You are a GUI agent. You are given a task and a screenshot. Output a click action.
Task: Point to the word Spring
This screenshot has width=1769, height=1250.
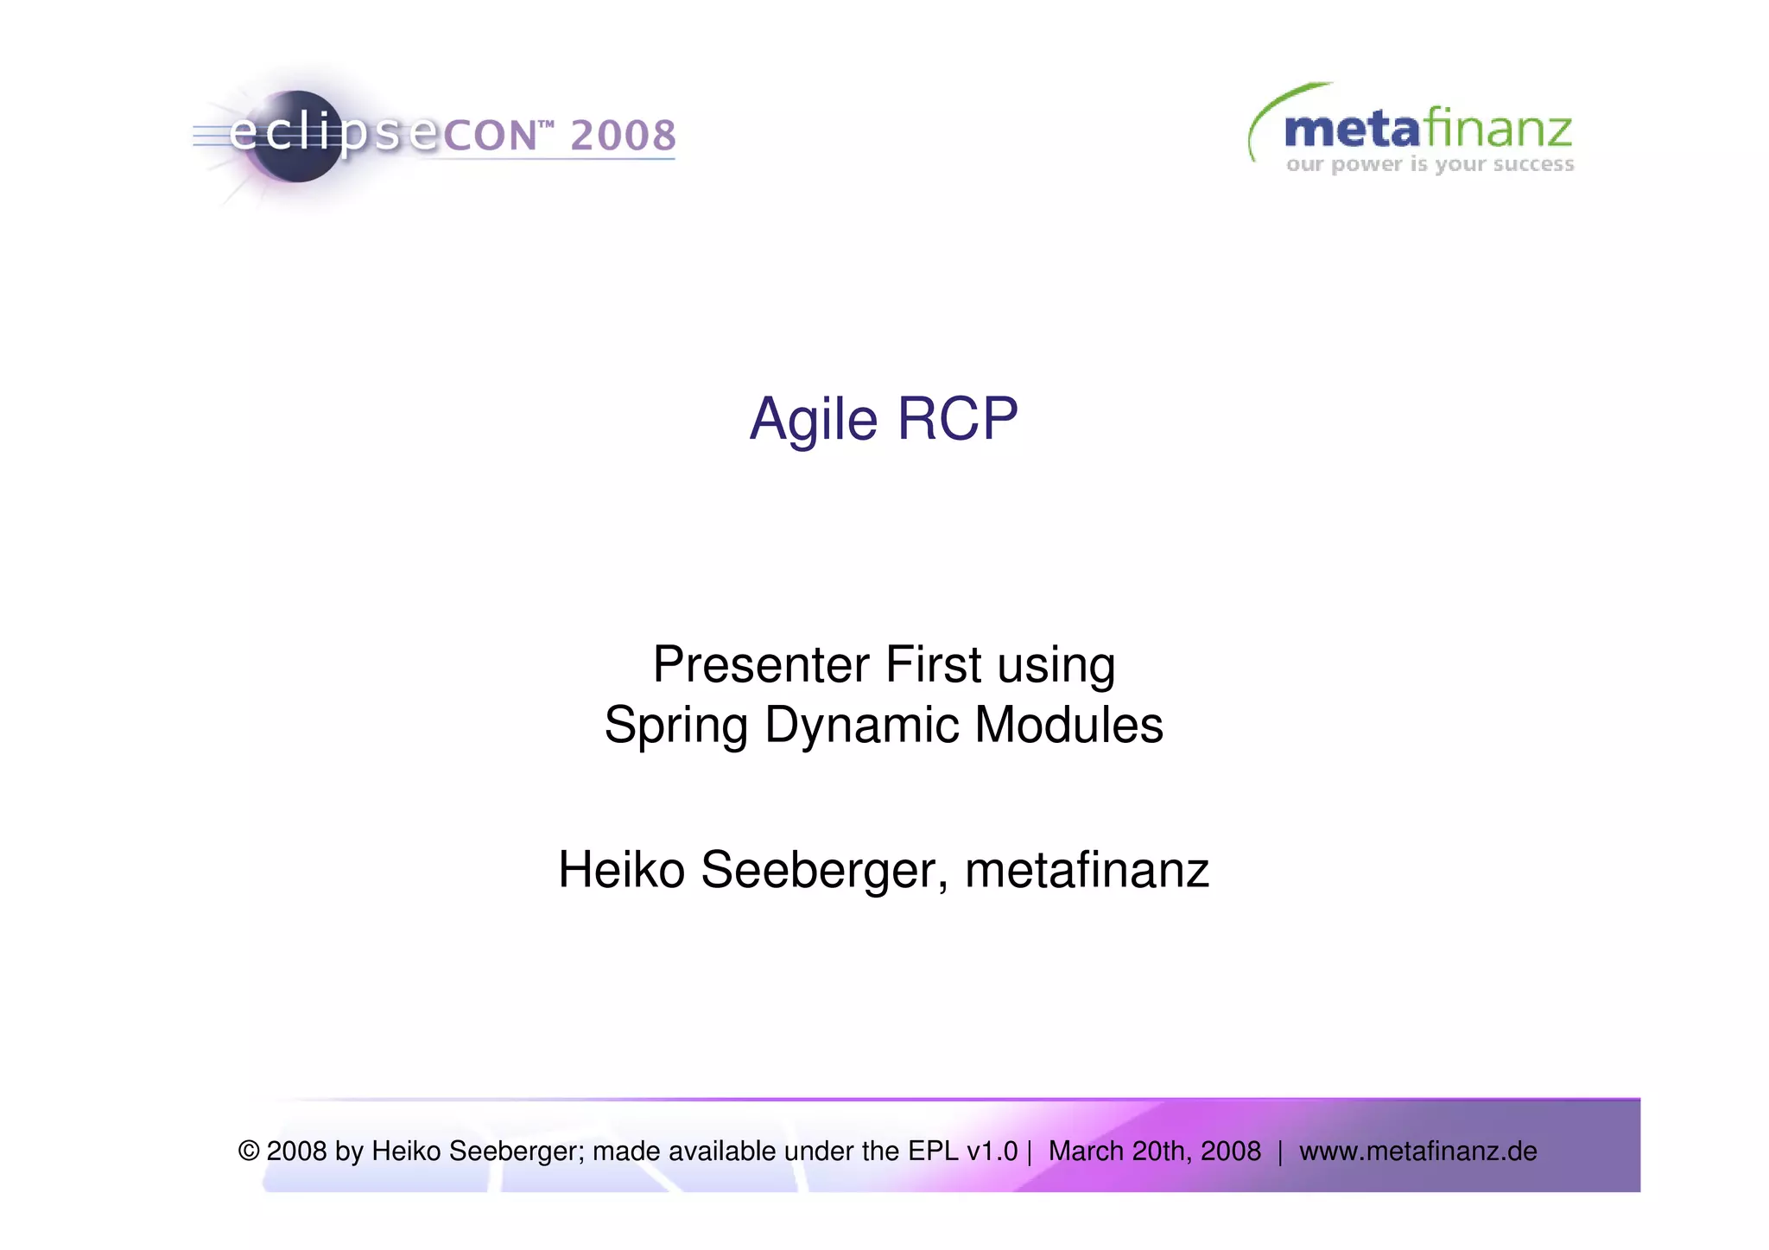pos(675,726)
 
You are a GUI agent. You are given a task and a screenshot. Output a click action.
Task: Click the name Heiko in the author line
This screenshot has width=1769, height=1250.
pos(621,870)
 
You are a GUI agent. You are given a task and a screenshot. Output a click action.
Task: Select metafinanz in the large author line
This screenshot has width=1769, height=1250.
pos(1087,870)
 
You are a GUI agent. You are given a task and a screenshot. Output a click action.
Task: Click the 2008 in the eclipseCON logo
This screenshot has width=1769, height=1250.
pos(623,136)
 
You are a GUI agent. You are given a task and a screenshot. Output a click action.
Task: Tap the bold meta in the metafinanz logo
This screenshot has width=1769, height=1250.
pos(1351,130)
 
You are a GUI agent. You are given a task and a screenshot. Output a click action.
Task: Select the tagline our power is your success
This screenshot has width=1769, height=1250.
pos(1430,164)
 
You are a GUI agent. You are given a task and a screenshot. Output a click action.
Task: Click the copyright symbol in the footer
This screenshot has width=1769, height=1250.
pos(249,1152)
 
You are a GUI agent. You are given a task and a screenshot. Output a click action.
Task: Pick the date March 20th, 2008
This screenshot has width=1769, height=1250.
pos(1154,1152)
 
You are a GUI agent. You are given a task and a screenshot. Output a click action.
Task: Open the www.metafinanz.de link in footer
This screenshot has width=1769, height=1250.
pos(1417,1152)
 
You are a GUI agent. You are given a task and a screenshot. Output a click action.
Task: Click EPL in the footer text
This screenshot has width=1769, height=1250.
pos(933,1152)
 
